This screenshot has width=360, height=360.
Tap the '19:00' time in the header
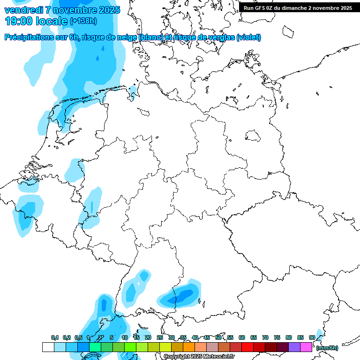point(19,21)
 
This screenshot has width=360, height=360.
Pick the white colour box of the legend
point(48,347)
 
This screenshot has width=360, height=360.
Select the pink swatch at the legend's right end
point(306,347)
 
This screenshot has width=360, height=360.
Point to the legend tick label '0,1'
point(55,337)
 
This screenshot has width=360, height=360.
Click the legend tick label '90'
point(312,337)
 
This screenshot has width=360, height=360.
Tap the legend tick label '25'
point(160,337)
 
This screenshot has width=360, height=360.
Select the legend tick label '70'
point(265,337)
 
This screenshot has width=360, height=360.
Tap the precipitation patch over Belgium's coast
point(28,209)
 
